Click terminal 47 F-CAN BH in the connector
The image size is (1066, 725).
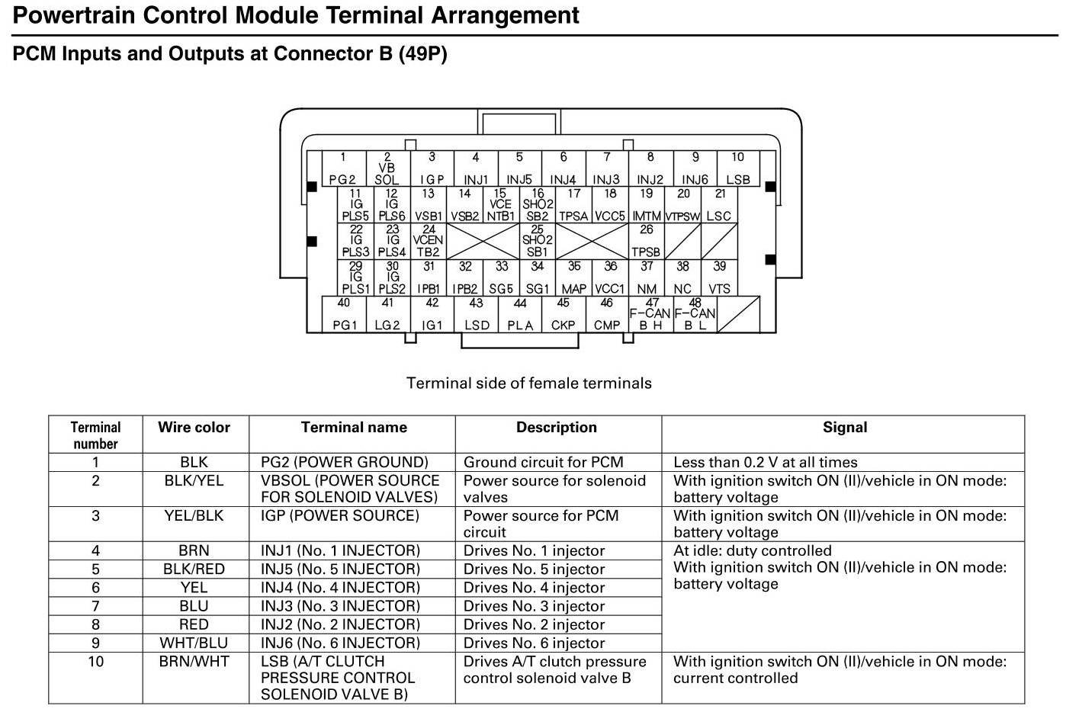pos(650,314)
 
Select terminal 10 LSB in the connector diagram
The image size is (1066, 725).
pos(738,168)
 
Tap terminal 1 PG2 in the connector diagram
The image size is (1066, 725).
pos(343,168)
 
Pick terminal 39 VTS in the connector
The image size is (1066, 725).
pos(719,278)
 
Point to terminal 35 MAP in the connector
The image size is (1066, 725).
pos(574,278)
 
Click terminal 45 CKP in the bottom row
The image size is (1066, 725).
pos(563,314)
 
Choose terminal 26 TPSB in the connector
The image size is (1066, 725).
pos(647,241)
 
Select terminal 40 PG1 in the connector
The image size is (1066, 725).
pos(345,314)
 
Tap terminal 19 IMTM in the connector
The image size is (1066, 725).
pos(647,205)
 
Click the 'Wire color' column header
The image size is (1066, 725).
pos(194,428)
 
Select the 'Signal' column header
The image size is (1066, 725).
pos(844,428)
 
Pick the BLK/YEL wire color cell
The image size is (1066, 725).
pos(194,481)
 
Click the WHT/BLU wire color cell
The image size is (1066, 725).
pos(194,643)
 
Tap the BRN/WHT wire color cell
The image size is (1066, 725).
pos(194,662)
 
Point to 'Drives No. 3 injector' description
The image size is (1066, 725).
pos(534,606)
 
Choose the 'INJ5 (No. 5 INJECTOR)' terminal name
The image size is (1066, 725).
pos(340,569)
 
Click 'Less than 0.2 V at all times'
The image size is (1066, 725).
pos(765,463)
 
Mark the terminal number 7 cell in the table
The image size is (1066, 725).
pos(95,606)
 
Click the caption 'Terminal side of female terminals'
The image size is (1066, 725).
pos(529,383)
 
